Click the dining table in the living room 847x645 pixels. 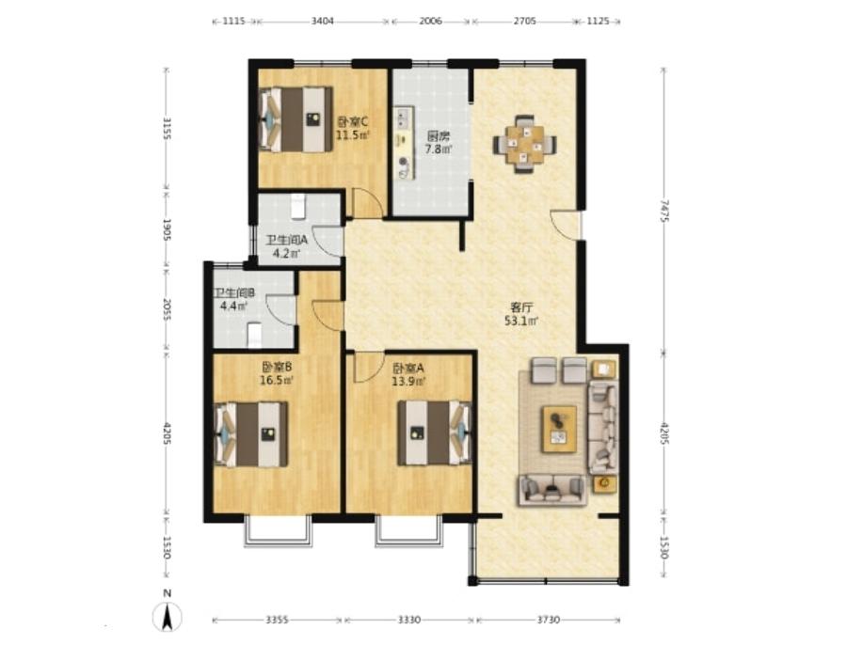(523, 144)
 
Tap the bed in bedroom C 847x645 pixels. (296, 118)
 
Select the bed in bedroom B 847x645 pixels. (250, 434)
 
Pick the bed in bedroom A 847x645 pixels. (435, 433)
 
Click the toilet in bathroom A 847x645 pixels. (298, 207)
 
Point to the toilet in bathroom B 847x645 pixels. (254, 335)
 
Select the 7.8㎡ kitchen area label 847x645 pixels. (438, 149)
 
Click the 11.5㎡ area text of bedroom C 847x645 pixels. (353, 135)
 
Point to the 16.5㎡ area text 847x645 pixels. (277, 380)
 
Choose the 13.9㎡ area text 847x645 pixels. (408, 381)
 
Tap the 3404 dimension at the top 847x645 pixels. (323, 21)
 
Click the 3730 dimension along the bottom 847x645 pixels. (549, 620)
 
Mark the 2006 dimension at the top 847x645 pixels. (431, 21)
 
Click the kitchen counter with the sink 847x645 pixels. (404, 143)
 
